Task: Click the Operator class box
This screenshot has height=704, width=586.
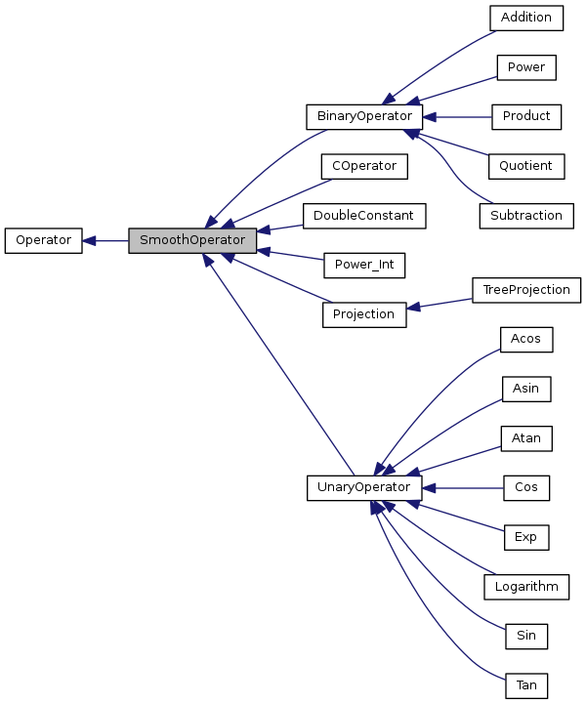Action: (43, 240)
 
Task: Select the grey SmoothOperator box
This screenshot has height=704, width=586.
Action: (192, 240)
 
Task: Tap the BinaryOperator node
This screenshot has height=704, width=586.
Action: (363, 116)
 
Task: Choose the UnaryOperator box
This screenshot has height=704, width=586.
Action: (363, 487)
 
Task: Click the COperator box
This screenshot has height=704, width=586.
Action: (363, 166)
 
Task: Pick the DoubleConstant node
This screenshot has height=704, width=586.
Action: (363, 216)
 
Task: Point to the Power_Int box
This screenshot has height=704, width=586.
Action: (363, 265)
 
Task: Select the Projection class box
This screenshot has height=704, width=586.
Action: (363, 314)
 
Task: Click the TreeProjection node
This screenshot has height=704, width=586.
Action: (526, 290)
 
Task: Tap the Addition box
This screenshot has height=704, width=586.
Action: (526, 18)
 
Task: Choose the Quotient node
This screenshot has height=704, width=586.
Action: (526, 166)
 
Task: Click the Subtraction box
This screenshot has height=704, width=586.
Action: (526, 216)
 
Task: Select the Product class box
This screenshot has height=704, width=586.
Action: (526, 116)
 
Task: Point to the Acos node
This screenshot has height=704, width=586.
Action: (526, 339)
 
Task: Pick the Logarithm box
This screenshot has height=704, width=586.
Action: (526, 587)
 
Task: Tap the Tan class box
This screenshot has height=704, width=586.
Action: (526, 685)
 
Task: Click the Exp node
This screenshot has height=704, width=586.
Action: (526, 537)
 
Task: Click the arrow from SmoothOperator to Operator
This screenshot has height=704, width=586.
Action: (105, 240)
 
